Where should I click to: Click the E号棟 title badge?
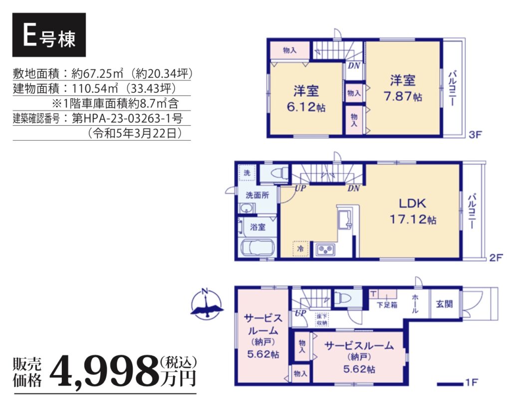(x=49, y=35)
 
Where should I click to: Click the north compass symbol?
(x=207, y=304)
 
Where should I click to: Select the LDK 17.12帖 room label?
(x=413, y=211)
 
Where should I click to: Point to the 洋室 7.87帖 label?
(x=403, y=88)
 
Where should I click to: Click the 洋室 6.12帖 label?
(x=306, y=99)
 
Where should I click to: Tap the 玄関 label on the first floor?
(x=444, y=304)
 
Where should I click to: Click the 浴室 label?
(x=257, y=227)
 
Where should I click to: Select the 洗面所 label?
(x=257, y=195)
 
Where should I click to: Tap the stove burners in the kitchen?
(x=325, y=250)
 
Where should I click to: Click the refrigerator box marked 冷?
(x=300, y=249)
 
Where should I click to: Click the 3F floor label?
(x=475, y=134)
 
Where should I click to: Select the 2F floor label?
(x=496, y=258)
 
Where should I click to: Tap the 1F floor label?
(x=471, y=382)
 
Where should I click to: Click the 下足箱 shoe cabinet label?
(x=387, y=305)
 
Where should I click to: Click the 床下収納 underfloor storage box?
(x=322, y=320)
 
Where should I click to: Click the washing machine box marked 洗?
(x=247, y=172)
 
